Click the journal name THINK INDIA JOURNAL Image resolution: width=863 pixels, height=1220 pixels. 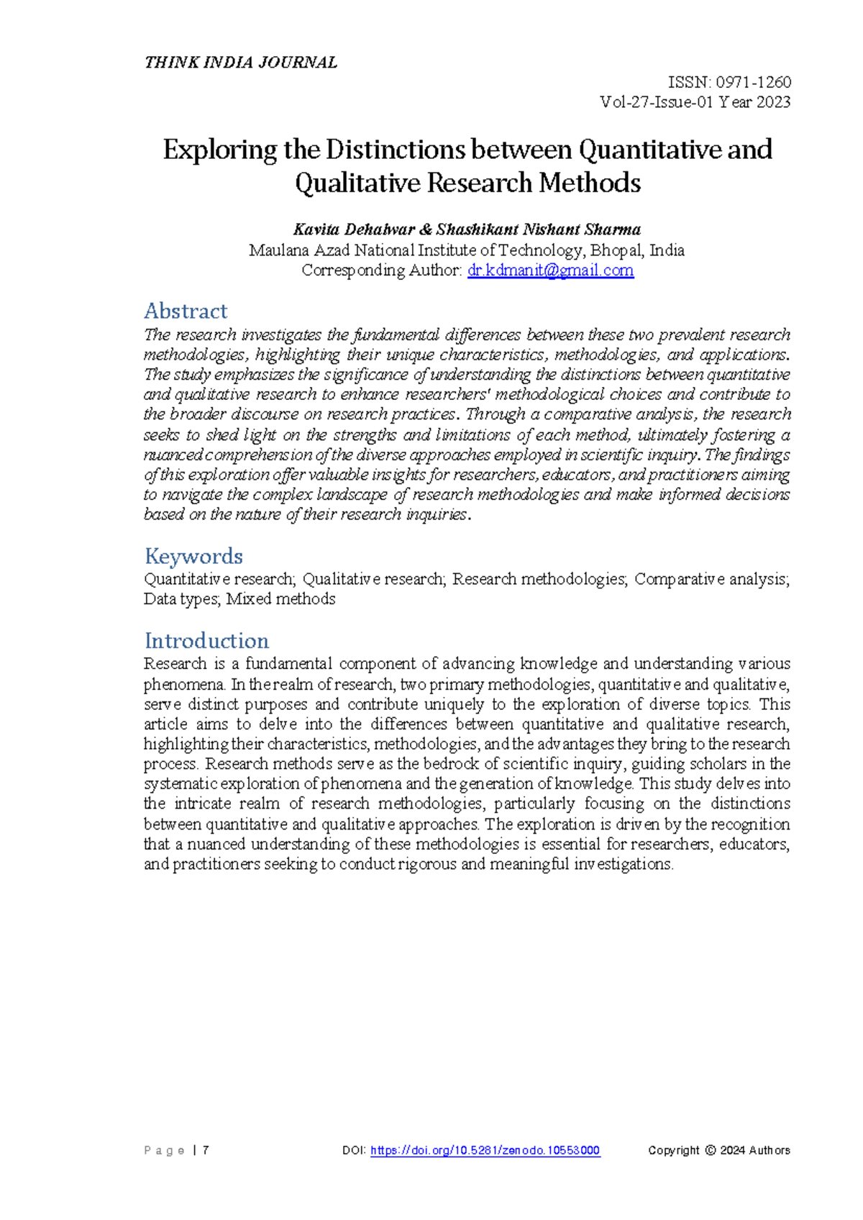[x=240, y=63]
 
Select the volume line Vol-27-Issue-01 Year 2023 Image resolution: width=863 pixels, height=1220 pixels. [x=695, y=102]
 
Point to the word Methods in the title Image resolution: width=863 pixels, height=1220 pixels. [x=590, y=183]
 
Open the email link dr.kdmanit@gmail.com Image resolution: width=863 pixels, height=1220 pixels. [x=550, y=270]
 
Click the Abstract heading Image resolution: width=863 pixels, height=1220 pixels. [x=186, y=311]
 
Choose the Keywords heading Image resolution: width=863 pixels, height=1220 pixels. [x=193, y=556]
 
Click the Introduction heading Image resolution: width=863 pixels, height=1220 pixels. [x=206, y=640]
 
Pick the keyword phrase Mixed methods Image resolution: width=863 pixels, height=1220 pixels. [x=280, y=599]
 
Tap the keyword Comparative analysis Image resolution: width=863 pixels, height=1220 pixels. [x=711, y=579]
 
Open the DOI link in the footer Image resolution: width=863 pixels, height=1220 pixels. [x=485, y=1150]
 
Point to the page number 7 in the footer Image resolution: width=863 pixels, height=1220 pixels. [x=206, y=1150]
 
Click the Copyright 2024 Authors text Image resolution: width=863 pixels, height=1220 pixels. [x=718, y=1150]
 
